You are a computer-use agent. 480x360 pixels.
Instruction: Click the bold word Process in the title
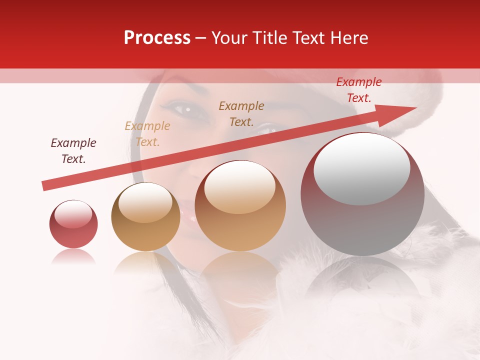click(157, 38)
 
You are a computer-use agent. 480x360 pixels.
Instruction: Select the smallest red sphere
click(73, 224)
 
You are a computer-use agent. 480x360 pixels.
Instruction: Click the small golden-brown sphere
click(145, 217)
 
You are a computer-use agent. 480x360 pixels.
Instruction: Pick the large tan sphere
click(240, 205)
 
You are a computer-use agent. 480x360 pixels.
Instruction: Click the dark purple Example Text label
click(73, 151)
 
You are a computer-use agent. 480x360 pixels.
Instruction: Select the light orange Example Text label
click(147, 134)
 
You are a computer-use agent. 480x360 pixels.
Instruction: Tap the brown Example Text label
click(241, 113)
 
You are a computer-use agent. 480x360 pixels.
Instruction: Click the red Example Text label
click(359, 90)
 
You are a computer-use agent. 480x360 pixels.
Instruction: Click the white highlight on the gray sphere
click(362, 169)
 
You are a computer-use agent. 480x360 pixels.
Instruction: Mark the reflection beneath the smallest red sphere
click(73, 256)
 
